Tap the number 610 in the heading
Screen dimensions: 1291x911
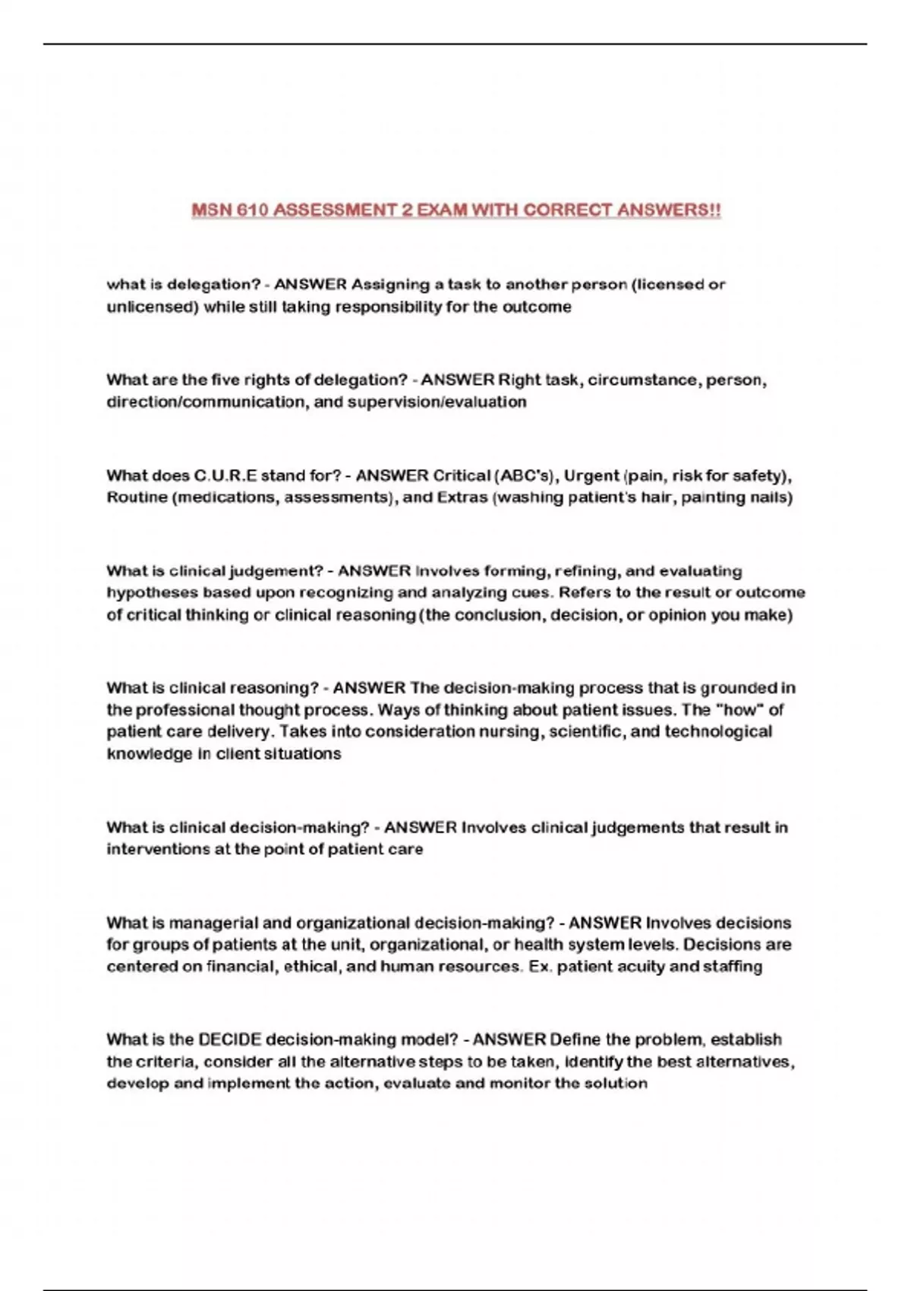tap(252, 210)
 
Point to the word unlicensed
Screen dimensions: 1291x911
tap(152, 307)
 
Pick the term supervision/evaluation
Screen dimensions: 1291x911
tap(437, 402)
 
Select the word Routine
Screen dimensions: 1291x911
tap(137, 497)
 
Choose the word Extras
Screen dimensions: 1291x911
tap(462, 497)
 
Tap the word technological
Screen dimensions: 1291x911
tap(718, 731)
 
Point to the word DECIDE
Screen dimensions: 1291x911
tap(229, 1039)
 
